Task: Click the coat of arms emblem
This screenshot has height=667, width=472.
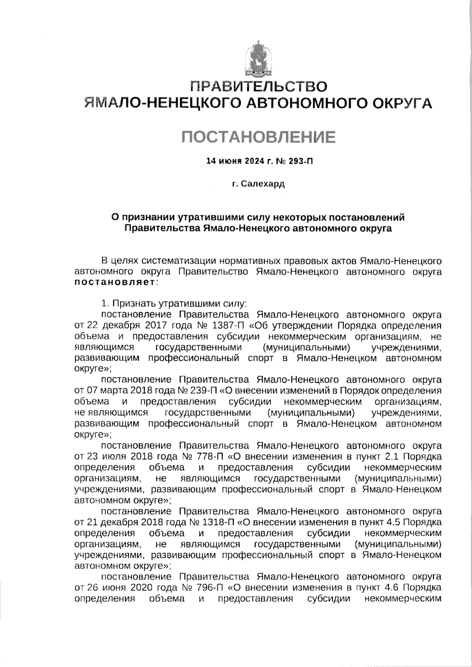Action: (258, 59)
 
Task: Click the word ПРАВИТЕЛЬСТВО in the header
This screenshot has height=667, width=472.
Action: (258, 86)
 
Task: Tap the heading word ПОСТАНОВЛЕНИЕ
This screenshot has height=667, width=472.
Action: (258, 136)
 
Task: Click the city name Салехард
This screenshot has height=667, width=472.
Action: (262, 184)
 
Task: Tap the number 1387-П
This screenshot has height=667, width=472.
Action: (222, 326)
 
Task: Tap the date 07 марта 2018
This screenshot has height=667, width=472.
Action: (118, 391)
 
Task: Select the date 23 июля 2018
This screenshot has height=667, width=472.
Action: (118, 457)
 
